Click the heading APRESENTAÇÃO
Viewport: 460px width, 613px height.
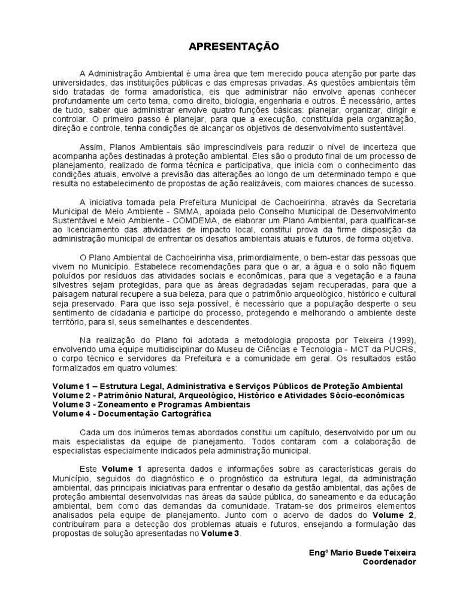pyautogui.click(x=229, y=46)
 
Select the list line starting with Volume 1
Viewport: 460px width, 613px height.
pyautogui.click(x=228, y=386)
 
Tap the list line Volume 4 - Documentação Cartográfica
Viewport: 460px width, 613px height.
pyautogui.click(x=132, y=413)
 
